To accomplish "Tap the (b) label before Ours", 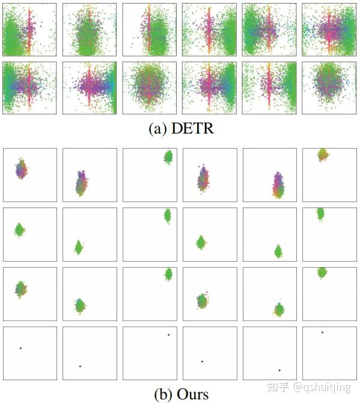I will (x=163, y=394).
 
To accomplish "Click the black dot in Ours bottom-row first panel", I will (x=20, y=348).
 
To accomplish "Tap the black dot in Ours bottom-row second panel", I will (x=80, y=366).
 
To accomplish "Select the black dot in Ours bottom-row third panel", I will (x=168, y=335).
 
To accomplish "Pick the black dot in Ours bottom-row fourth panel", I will (x=202, y=361).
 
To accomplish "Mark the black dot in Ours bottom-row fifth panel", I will (x=279, y=370).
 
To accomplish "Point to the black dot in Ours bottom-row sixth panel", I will (x=323, y=332).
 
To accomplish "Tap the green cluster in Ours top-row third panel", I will (x=168, y=157).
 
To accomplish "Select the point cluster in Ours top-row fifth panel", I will (x=278, y=185).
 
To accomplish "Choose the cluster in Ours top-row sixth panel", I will (x=323, y=155).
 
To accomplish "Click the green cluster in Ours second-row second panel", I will (x=78, y=247).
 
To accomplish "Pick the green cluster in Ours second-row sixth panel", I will (x=321, y=214).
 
